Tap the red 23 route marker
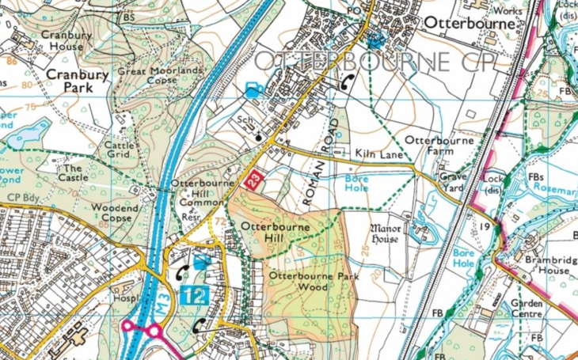[253, 179]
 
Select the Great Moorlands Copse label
[160, 76]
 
